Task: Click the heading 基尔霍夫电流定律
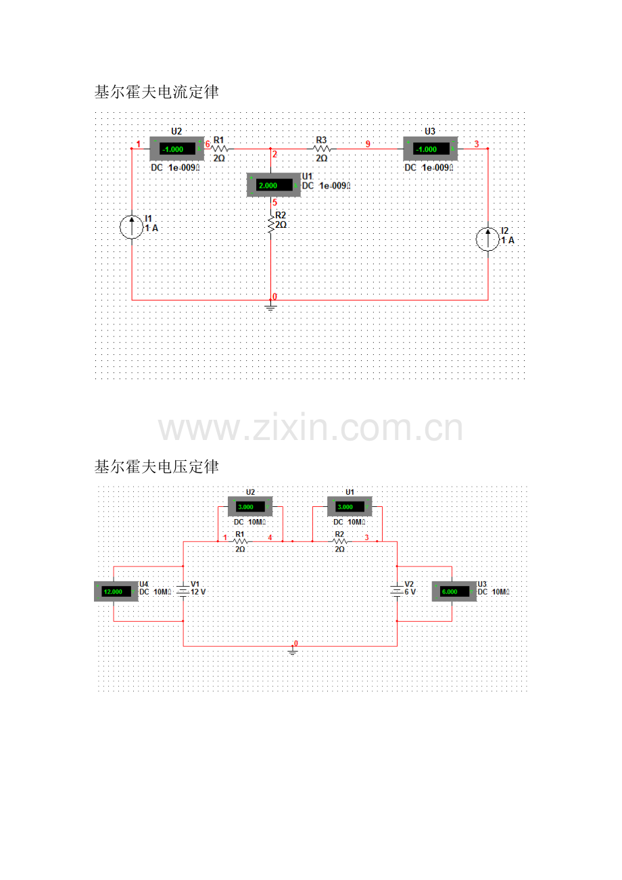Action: [x=156, y=93]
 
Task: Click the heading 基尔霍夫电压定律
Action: [x=156, y=466]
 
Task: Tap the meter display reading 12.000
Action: [x=114, y=591]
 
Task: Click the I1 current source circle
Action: [x=131, y=227]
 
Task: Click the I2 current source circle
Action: [x=488, y=240]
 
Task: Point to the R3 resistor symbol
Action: [x=322, y=148]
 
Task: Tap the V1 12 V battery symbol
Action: [x=183, y=592]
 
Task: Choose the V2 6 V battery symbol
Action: [x=397, y=592]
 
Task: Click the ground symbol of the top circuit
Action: [x=270, y=308]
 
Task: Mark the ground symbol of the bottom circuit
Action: [x=293, y=652]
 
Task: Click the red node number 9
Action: [x=368, y=144]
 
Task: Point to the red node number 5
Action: [x=275, y=202]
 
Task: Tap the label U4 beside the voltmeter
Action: [x=143, y=583]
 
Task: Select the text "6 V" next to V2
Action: [x=410, y=592]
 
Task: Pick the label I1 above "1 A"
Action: [x=149, y=218]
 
